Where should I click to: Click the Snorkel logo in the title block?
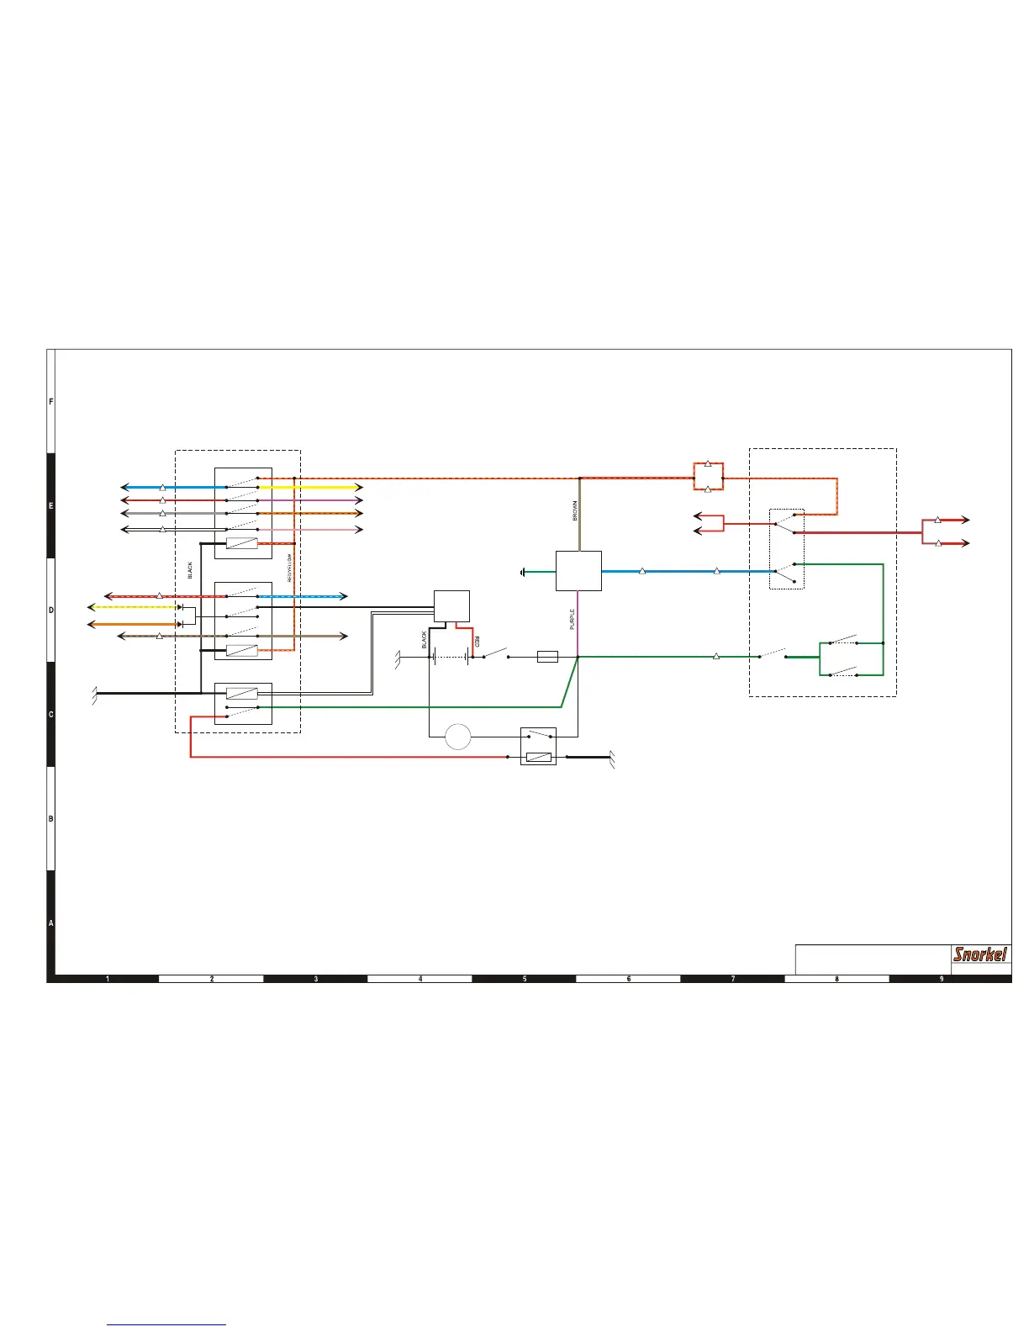pyautogui.click(x=980, y=954)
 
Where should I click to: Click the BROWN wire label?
pyautogui.click(x=575, y=511)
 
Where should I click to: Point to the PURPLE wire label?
pyautogui.click(x=573, y=620)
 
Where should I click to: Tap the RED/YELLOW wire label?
pyautogui.click(x=289, y=568)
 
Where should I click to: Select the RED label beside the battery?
pyautogui.click(x=476, y=642)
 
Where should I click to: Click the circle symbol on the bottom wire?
pyautogui.click(x=457, y=737)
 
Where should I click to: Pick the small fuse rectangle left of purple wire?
pyautogui.click(x=547, y=657)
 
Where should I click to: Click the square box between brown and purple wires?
pyautogui.click(x=578, y=571)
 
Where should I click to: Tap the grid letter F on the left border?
pyautogui.click(x=50, y=402)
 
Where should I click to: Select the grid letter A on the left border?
pyautogui.click(x=50, y=923)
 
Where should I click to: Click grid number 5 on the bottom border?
pyautogui.click(x=525, y=979)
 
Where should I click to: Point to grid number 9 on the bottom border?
pyautogui.click(x=942, y=979)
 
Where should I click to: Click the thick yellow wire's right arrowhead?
pyautogui.click(x=359, y=487)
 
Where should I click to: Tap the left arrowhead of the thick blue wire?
pyautogui.click(x=124, y=487)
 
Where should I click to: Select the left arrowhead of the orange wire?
pyautogui.click(x=92, y=624)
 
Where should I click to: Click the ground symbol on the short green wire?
pyautogui.click(x=524, y=572)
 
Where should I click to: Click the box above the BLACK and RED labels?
pyautogui.click(x=451, y=606)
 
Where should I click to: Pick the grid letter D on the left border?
pyautogui.click(x=50, y=610)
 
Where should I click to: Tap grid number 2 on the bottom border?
pyautogui.click(x=212, y=979)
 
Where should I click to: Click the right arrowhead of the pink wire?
pyautogui.click(x=359, y=530)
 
